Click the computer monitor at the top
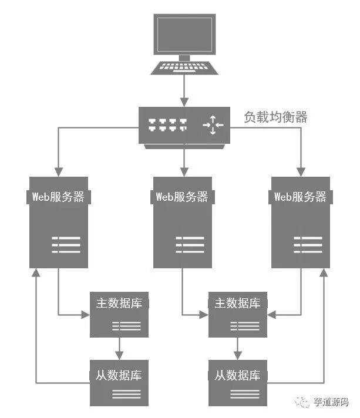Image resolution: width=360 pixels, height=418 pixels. pos(184,34)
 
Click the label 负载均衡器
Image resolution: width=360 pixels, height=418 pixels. pos(275,117)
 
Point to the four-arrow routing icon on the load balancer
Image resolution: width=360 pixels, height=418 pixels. pos(213,124)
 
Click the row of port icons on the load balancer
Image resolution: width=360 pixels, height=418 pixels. pos(167,124)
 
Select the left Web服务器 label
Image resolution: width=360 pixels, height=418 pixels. pos(59,197)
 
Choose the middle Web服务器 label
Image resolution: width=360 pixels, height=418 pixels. pos(182,197)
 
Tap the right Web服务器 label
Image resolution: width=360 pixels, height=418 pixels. pos(300,197)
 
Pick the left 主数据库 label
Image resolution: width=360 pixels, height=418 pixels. pos(119,304)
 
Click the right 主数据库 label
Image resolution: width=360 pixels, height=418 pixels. pos(238,304)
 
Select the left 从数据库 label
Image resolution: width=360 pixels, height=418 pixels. pos(119,375)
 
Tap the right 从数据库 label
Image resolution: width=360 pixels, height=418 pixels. pos(238,375)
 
